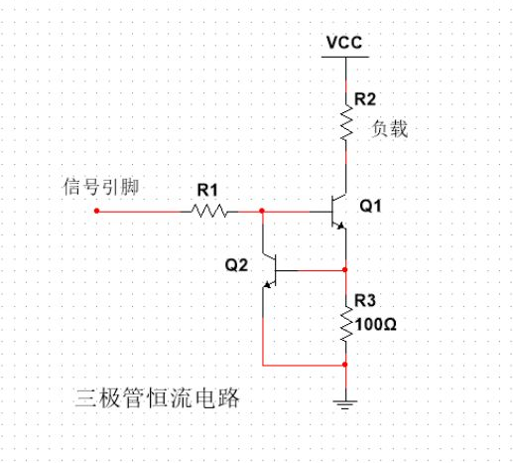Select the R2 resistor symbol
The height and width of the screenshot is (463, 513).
344,125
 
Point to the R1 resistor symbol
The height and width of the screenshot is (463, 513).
209,211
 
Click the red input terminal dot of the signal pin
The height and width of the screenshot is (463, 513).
96,211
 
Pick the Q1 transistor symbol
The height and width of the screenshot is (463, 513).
335,212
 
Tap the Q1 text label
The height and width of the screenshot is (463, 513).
369,207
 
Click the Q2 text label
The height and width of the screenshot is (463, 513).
236,265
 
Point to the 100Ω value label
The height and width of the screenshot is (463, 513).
375,323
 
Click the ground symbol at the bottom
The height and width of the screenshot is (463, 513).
344,402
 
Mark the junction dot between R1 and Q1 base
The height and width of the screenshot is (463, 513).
262,211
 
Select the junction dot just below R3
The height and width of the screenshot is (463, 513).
344,365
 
